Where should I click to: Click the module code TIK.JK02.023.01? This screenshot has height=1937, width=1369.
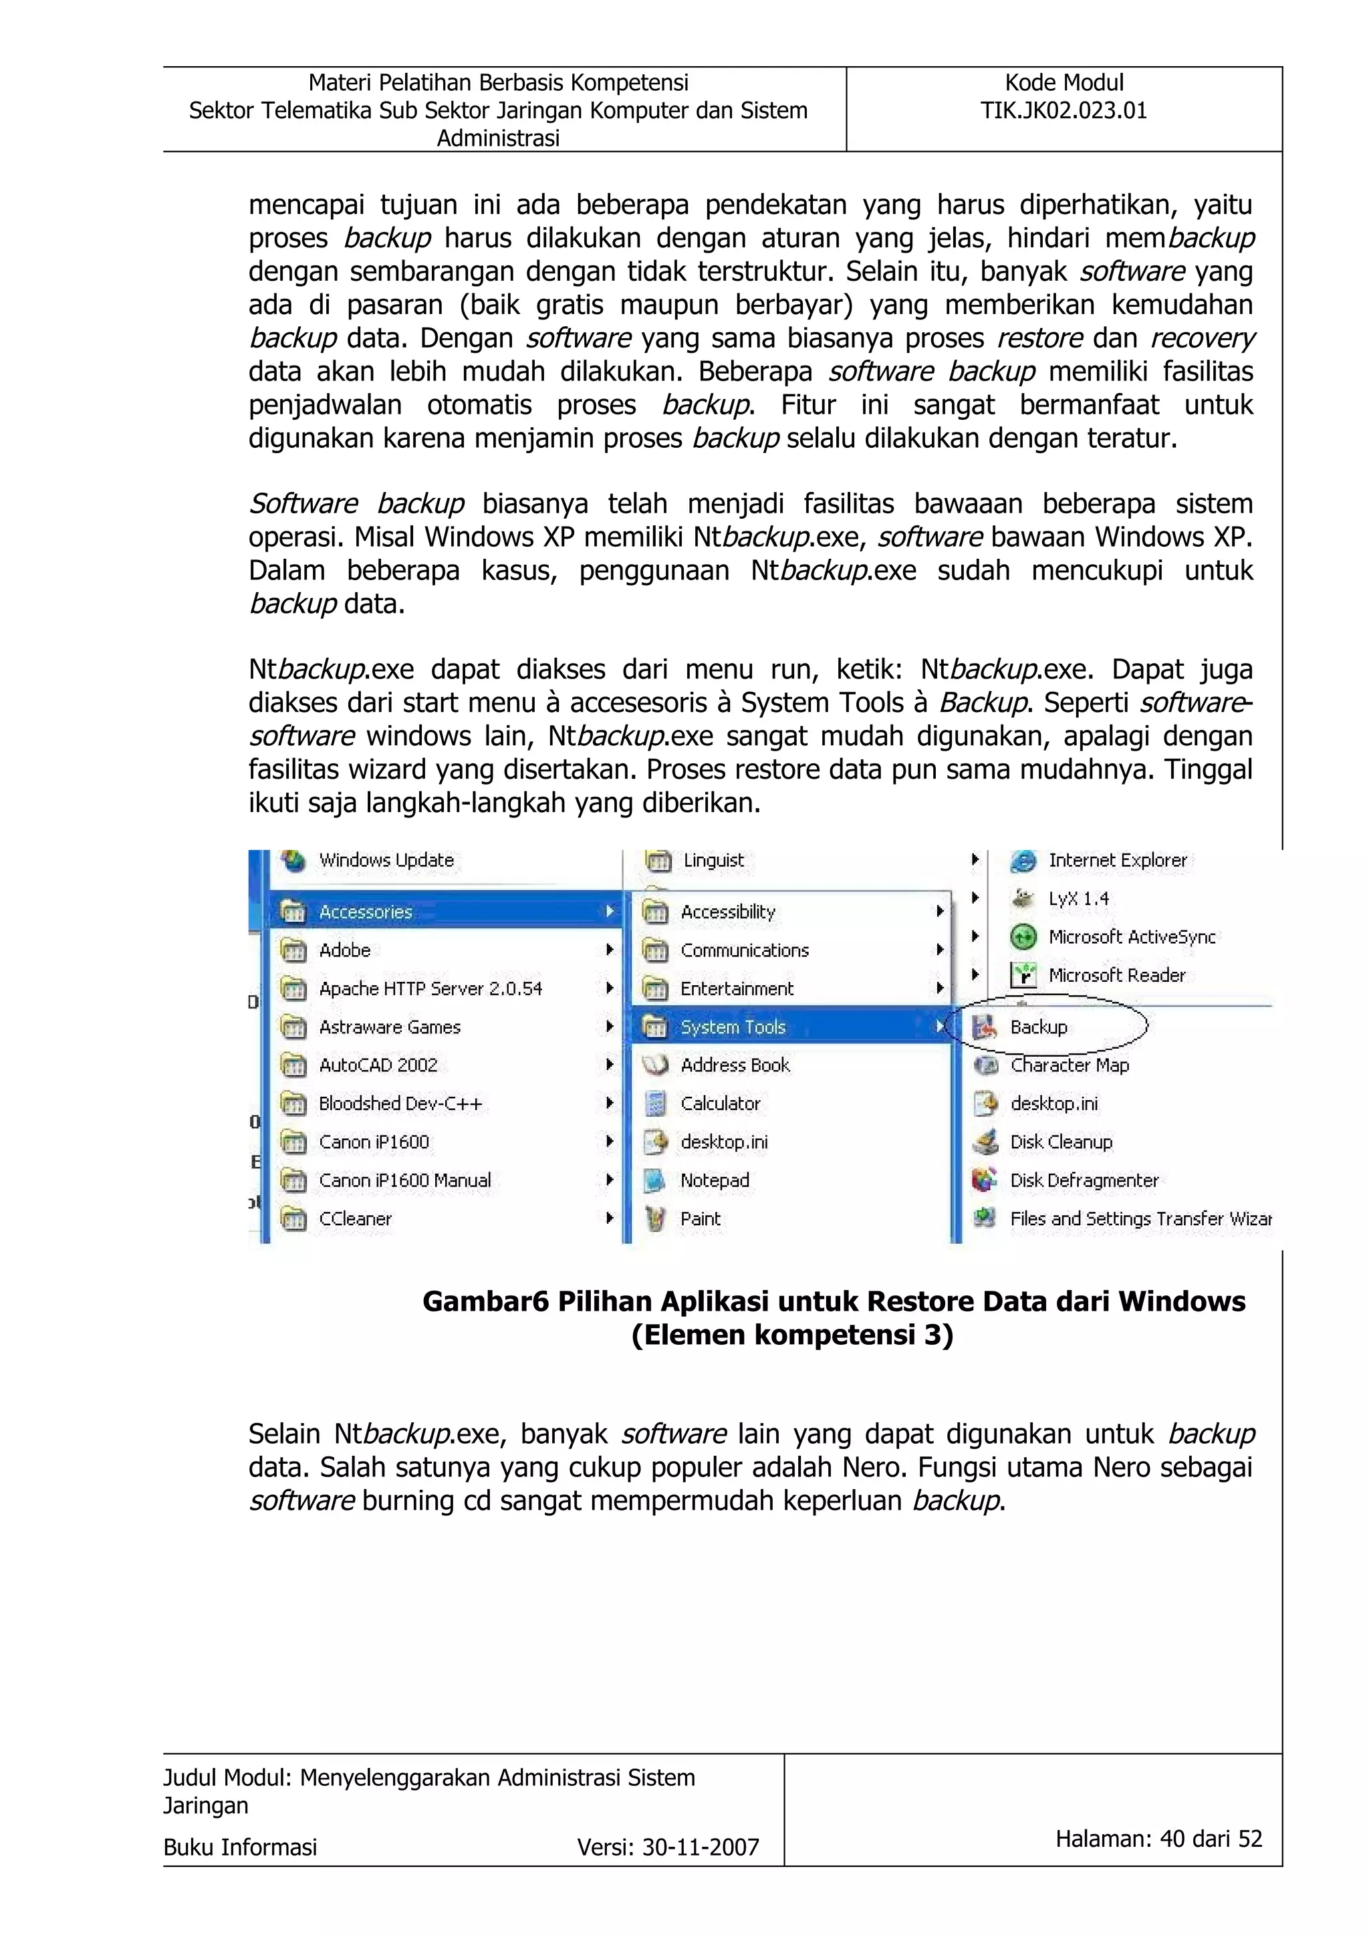[x=1063, y=110]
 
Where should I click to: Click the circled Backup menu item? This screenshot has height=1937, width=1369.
[x=1038, y=1027]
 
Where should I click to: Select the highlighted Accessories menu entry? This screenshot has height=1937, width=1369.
[x=364, y=912]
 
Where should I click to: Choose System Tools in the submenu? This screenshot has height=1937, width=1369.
[x=732, y=1027]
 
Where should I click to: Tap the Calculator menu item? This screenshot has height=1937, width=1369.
[x=719, y=1104]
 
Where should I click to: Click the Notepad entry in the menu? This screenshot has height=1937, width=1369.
[x=715, y=1180]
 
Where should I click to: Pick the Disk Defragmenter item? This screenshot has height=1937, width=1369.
[x=1084, y=1180]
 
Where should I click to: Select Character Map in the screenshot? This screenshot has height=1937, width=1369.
[x=1069, y=1065]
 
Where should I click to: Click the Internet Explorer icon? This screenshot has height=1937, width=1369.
[x=1022, y=860]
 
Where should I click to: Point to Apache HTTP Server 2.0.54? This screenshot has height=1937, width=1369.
[x=430, y=989]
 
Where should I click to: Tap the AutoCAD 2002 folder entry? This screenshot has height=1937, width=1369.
[x=378, y=1065]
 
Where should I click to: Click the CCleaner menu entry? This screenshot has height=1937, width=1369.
[x=355, y=1219]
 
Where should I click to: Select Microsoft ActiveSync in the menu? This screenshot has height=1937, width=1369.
[x=1131, y=937]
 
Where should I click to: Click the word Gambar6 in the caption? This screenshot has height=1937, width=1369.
[x=484, y=1302]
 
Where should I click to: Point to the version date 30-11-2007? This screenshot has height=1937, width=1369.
[x=700, y=1847]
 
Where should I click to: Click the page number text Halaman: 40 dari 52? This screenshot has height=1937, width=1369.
[x=1158, y=1838]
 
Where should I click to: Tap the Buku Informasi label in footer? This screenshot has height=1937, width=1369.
[x=241, y=1847]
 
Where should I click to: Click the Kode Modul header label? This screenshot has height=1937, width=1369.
[x=1064, y=83]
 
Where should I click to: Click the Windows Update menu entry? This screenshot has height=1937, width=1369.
[x=386, y=860]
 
